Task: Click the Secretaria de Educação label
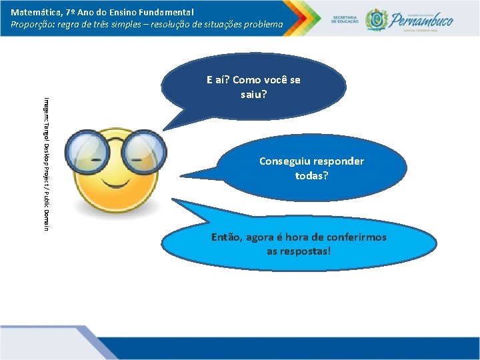(x=345, y=19)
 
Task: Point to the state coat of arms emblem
(x=377, y=19)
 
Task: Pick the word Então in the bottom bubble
(x=226, y=237)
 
